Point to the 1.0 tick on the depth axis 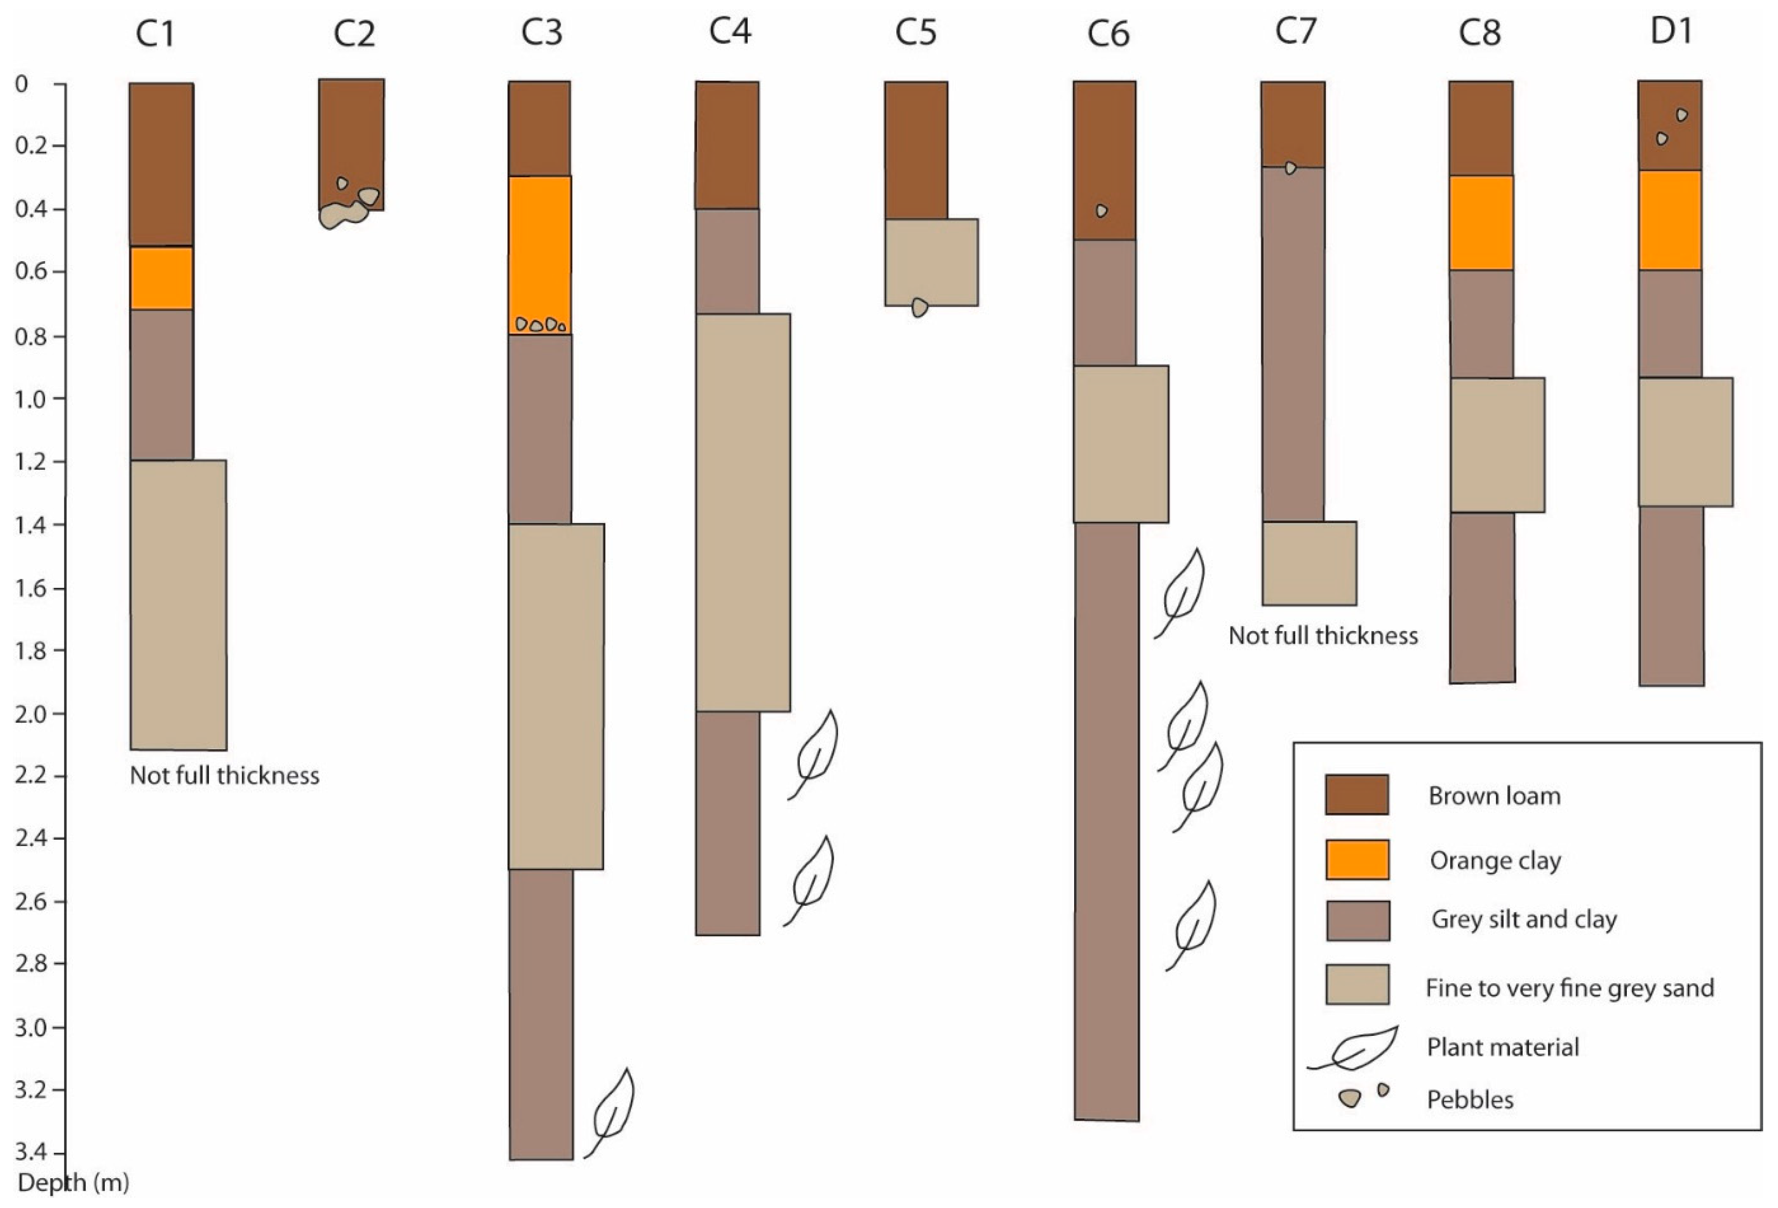tap(31, 398)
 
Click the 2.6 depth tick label tap(31, 901)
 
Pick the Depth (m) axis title tap(73, 1183)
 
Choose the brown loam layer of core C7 tap(1292, 122)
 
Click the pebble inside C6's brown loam tap(1101, 210)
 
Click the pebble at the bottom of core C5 tap(920, 307)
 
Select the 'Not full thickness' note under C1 tap(224, 776)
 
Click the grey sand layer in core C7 tap(1309, 563)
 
